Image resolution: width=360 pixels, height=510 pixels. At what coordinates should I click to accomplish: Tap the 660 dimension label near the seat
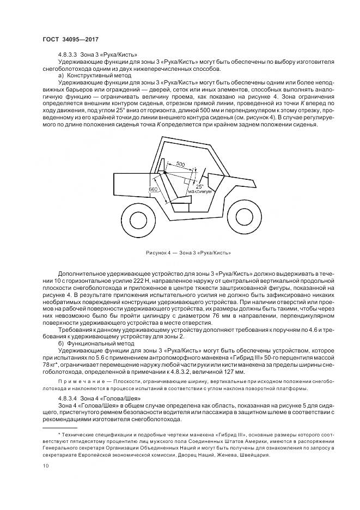[153, 189]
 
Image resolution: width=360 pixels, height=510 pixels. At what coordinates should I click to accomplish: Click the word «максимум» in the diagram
[198, 192]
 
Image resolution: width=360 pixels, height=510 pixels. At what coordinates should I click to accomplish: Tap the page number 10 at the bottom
[45, 465]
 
